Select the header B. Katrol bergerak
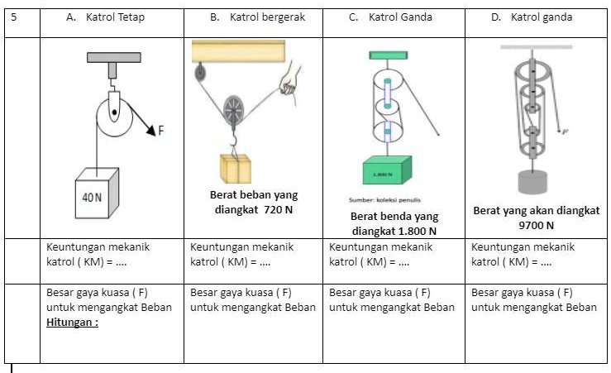point(253,17)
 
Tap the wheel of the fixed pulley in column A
point(114,114)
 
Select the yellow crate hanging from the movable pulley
point(236,168)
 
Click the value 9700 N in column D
point(536,225)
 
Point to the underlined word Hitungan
point(72,323)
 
